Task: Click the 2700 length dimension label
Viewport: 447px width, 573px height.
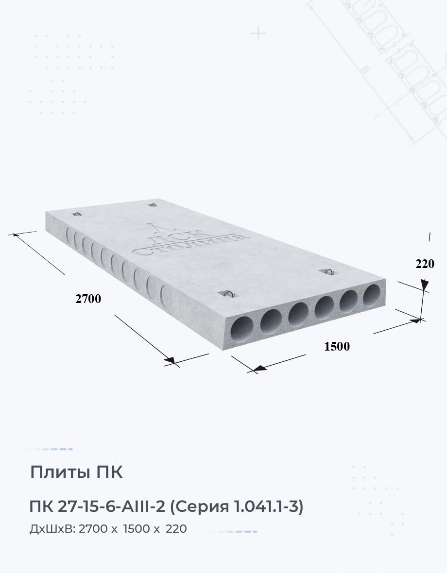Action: pos(88,299)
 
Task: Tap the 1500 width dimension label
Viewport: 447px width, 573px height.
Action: pos(337,346)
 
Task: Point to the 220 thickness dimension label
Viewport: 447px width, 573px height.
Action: pos(425,264)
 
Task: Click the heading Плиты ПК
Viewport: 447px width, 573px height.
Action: pos(76,472)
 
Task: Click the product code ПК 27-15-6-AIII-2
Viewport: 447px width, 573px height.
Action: pos(97,507)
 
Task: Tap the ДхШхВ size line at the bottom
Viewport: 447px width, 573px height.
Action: pos(108,529)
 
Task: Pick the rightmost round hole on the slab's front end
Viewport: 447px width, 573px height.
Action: pos(372,295)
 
